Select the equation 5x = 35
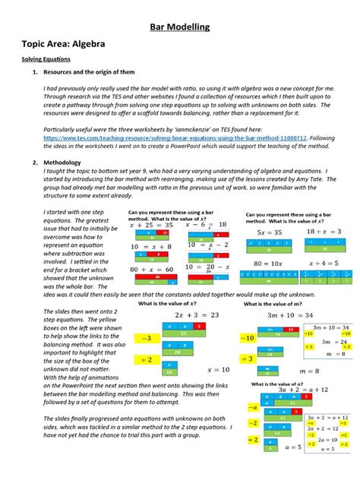270,232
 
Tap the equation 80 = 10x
270,263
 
